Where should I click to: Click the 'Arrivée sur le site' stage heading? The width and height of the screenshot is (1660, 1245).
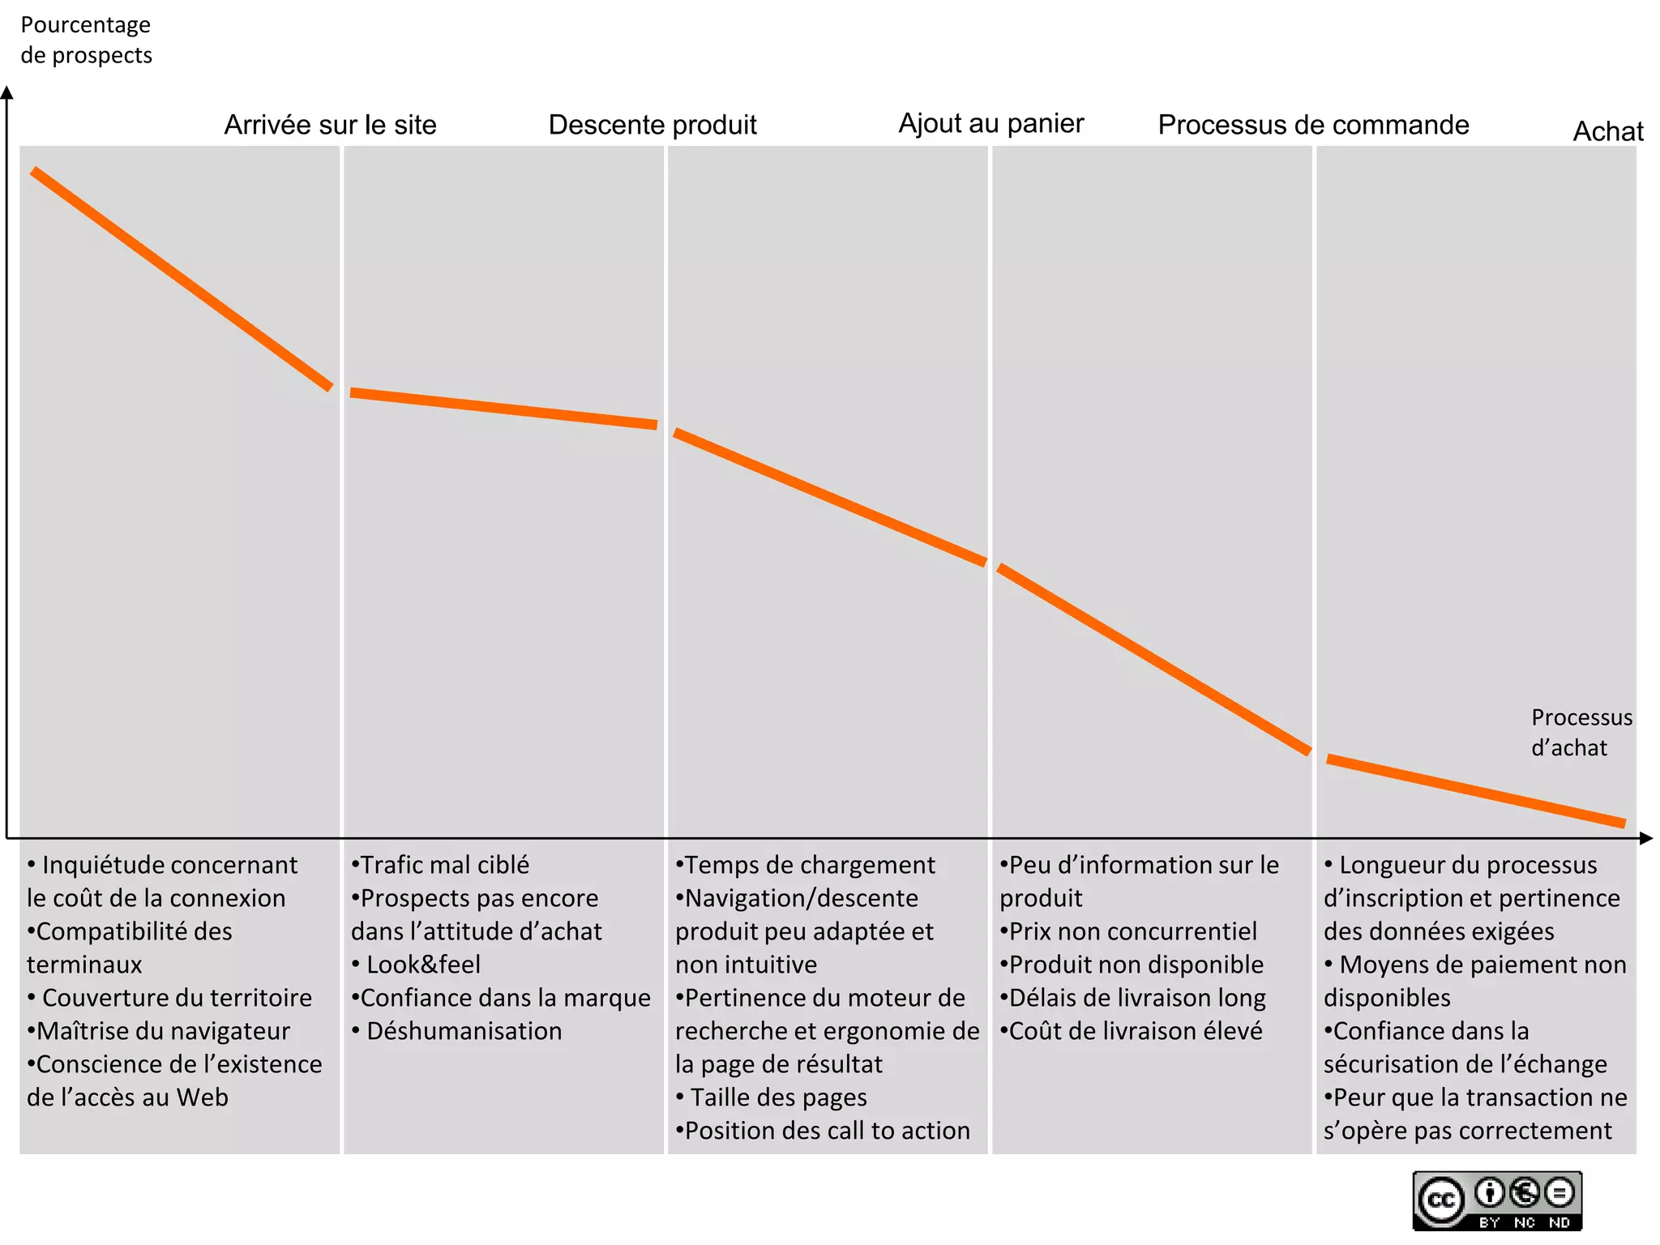point(330,125)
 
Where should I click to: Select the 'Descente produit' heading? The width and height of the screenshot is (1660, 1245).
point(652,125)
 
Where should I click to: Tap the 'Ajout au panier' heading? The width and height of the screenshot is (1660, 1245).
point(990,123)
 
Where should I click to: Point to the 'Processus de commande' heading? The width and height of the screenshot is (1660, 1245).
point(1313,125)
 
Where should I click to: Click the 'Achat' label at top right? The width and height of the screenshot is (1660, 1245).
point(1608,131)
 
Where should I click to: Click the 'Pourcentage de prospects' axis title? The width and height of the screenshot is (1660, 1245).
point(86,40)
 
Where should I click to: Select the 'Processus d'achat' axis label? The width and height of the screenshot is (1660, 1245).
point(1581,732)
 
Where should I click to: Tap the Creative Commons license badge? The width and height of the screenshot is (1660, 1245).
point(1496,1200)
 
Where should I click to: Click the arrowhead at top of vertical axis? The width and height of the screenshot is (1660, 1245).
point(7,92)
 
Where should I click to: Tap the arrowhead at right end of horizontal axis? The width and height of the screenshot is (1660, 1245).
point(1645,838)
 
